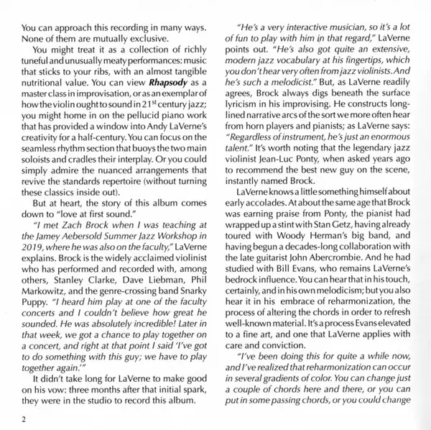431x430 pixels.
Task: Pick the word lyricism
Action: [x=245, y=106]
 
